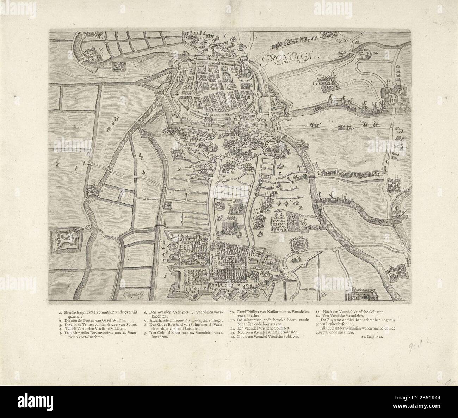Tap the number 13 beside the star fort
coord(315,83)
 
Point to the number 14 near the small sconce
coord(374,53)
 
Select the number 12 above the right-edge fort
coord(389,81)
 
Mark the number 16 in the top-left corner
coord(101,37)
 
